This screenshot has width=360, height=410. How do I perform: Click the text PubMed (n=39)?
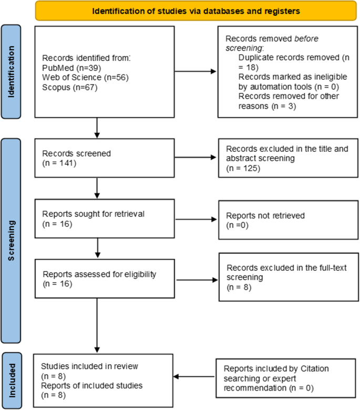tap(69, 68)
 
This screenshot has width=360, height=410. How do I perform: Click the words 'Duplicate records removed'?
tap(286, 56)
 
